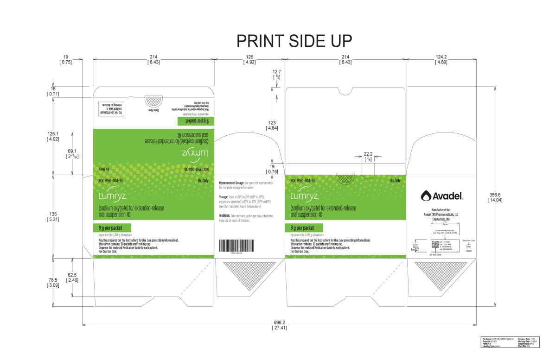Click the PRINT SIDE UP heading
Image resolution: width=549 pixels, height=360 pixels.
(x=294, y=41)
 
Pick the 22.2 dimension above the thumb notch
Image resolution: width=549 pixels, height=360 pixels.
(x=368, y=154)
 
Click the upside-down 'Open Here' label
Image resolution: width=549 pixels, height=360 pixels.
(x=153, y=111)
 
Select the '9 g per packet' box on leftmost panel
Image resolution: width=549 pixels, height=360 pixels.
(x=113, y=227)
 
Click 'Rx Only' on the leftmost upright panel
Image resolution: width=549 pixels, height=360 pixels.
(x=203, y=180)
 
